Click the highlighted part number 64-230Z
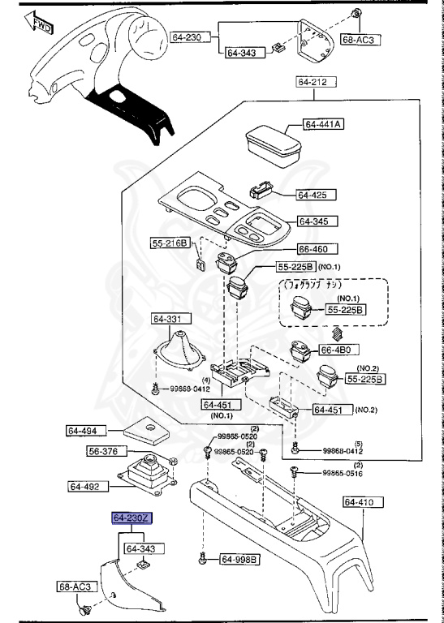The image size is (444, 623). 132,518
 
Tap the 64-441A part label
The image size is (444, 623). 324,124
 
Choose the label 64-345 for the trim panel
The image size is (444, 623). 318,221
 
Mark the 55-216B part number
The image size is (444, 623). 170,243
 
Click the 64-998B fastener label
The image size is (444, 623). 239,559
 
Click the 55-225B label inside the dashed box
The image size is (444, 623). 346,310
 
